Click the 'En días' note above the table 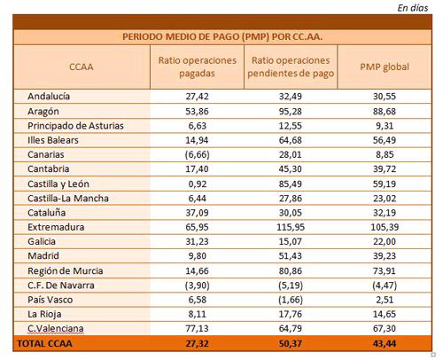(x=413, y=8)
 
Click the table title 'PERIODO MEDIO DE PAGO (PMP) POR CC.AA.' (x=222, y=37)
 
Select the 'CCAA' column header (x=82, y=67)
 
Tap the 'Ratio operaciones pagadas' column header (x=198, y=67)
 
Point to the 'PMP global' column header (x=385, y=67)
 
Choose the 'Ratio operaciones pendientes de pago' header (x=291, y=67)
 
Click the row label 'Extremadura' (x=56, y=227)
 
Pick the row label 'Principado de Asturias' (x=75, y=126)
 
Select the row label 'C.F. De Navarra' (x=61, y=286)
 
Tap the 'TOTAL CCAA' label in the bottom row (x=44, y=343)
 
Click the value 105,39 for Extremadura (x=385, y=227)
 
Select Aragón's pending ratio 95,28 (x=291, y=112)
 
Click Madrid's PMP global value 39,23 (x=385, y=255)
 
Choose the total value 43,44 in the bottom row (x=385, y=343)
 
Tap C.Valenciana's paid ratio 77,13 (x=198, y=328)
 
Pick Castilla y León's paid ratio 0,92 (x=198, y=184)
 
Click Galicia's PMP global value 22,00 (x=385, y=241)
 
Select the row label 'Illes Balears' (x=53, y=140)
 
